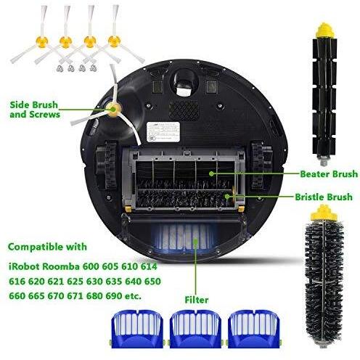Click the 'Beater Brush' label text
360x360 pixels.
tap(329, 174)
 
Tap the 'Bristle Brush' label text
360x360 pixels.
tap(324, 197)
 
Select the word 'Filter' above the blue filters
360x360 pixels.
tap(197, 300)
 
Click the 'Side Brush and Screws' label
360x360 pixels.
tap(35, 110)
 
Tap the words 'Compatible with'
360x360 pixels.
tap(47, 247)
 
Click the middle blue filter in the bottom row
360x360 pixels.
tap(195, 329)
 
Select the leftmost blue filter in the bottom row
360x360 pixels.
tap(137, 329)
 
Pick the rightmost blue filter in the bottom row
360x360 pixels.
tap(253, 329)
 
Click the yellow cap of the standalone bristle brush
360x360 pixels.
tap(324, 213)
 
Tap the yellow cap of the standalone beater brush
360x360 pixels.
tap(324, 30)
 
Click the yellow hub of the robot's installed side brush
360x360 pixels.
tap(112, 110)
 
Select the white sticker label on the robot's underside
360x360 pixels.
tap(163, 132)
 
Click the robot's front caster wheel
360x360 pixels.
tap(184, 85)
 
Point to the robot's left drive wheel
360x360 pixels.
tap(107, 165)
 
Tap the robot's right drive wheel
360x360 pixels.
tap(262, 165)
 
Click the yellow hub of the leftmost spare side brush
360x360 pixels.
tap(41, 41)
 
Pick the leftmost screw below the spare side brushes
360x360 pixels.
tap(60, 69)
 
